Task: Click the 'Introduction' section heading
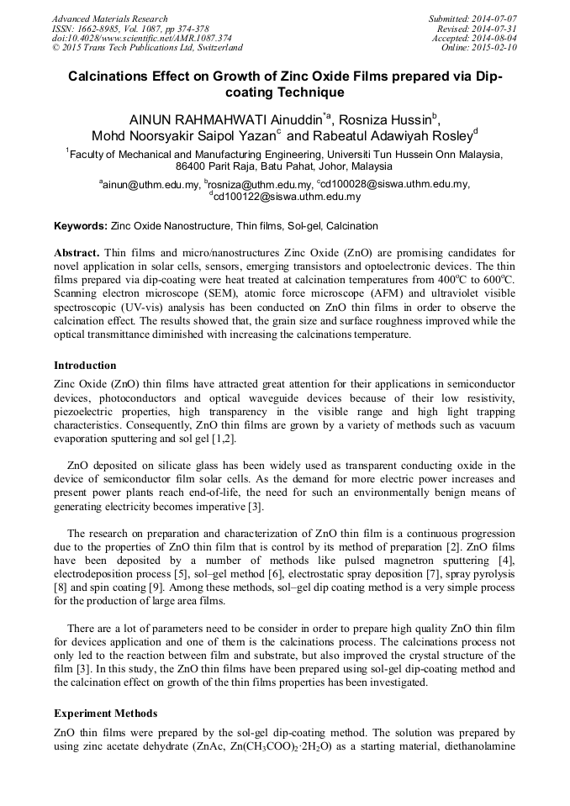tap(85, 366)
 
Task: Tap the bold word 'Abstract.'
tap(78, 252)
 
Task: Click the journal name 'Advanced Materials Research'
tap(109, 18)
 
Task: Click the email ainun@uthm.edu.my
tap(151, 184)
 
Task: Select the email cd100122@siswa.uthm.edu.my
tap(287, 198)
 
